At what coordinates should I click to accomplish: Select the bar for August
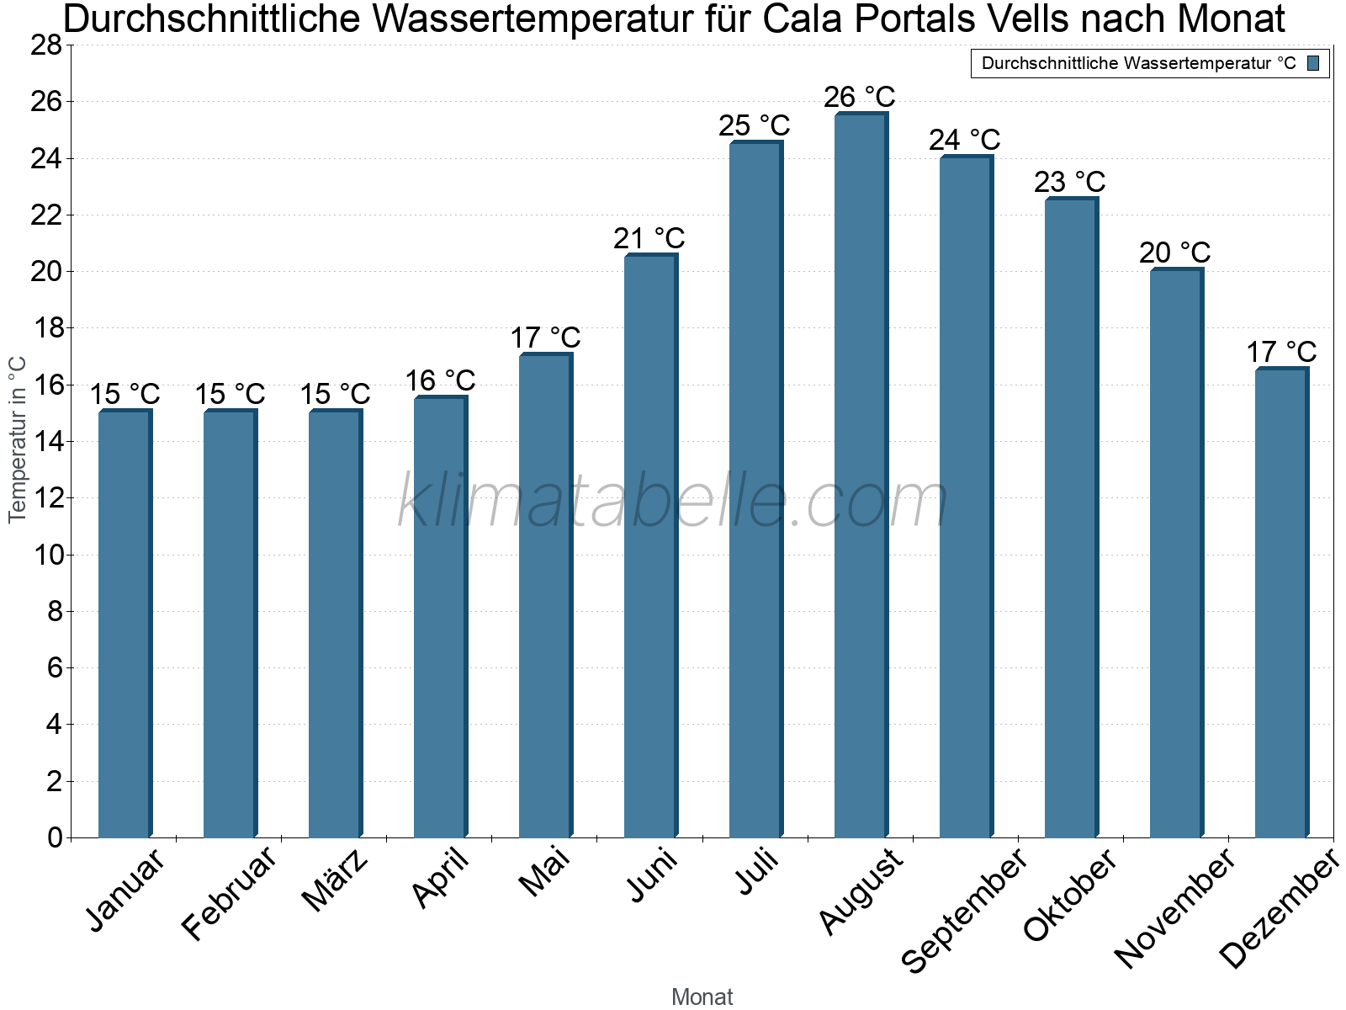click(860, 476)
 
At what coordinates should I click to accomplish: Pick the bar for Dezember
click(1280, 602)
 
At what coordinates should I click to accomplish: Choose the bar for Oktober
click(1070, 518)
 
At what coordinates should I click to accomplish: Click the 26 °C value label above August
click(860, 98)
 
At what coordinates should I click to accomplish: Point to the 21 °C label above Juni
click(649, 239)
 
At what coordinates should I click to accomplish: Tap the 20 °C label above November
click(1175, 252)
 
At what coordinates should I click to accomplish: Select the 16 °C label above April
click(440, 381)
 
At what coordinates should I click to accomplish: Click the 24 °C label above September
click(965, 140)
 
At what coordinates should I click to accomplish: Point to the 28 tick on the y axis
click(46, 45)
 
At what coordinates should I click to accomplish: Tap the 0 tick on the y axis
click(55, 837)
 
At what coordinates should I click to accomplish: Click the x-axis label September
click(964, 909)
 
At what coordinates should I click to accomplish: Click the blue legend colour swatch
click(1314, 63)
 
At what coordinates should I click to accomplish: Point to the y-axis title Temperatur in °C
click(18, 439)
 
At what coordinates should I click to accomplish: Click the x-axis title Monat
click(702, 997)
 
